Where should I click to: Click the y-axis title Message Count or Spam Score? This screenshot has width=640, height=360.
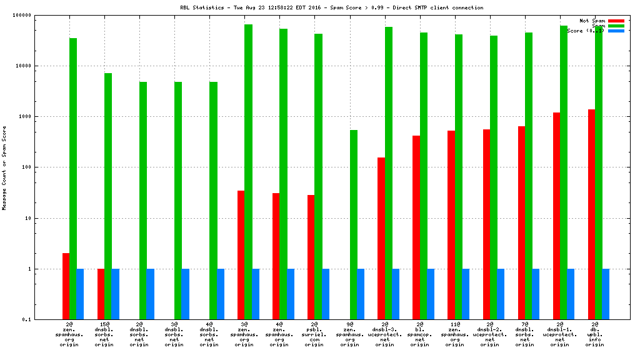click(4, 167)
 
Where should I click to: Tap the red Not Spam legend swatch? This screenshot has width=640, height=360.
click(616, 21)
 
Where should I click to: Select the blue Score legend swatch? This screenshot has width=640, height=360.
click(616, 31)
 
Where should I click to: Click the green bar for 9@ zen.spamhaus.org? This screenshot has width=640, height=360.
click(354, 225)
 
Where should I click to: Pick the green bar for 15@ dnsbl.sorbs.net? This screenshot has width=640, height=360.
click(108, 196)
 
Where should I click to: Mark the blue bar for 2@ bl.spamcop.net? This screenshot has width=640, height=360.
click(431, 294)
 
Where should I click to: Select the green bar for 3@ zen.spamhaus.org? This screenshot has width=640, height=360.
click(248, 172)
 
